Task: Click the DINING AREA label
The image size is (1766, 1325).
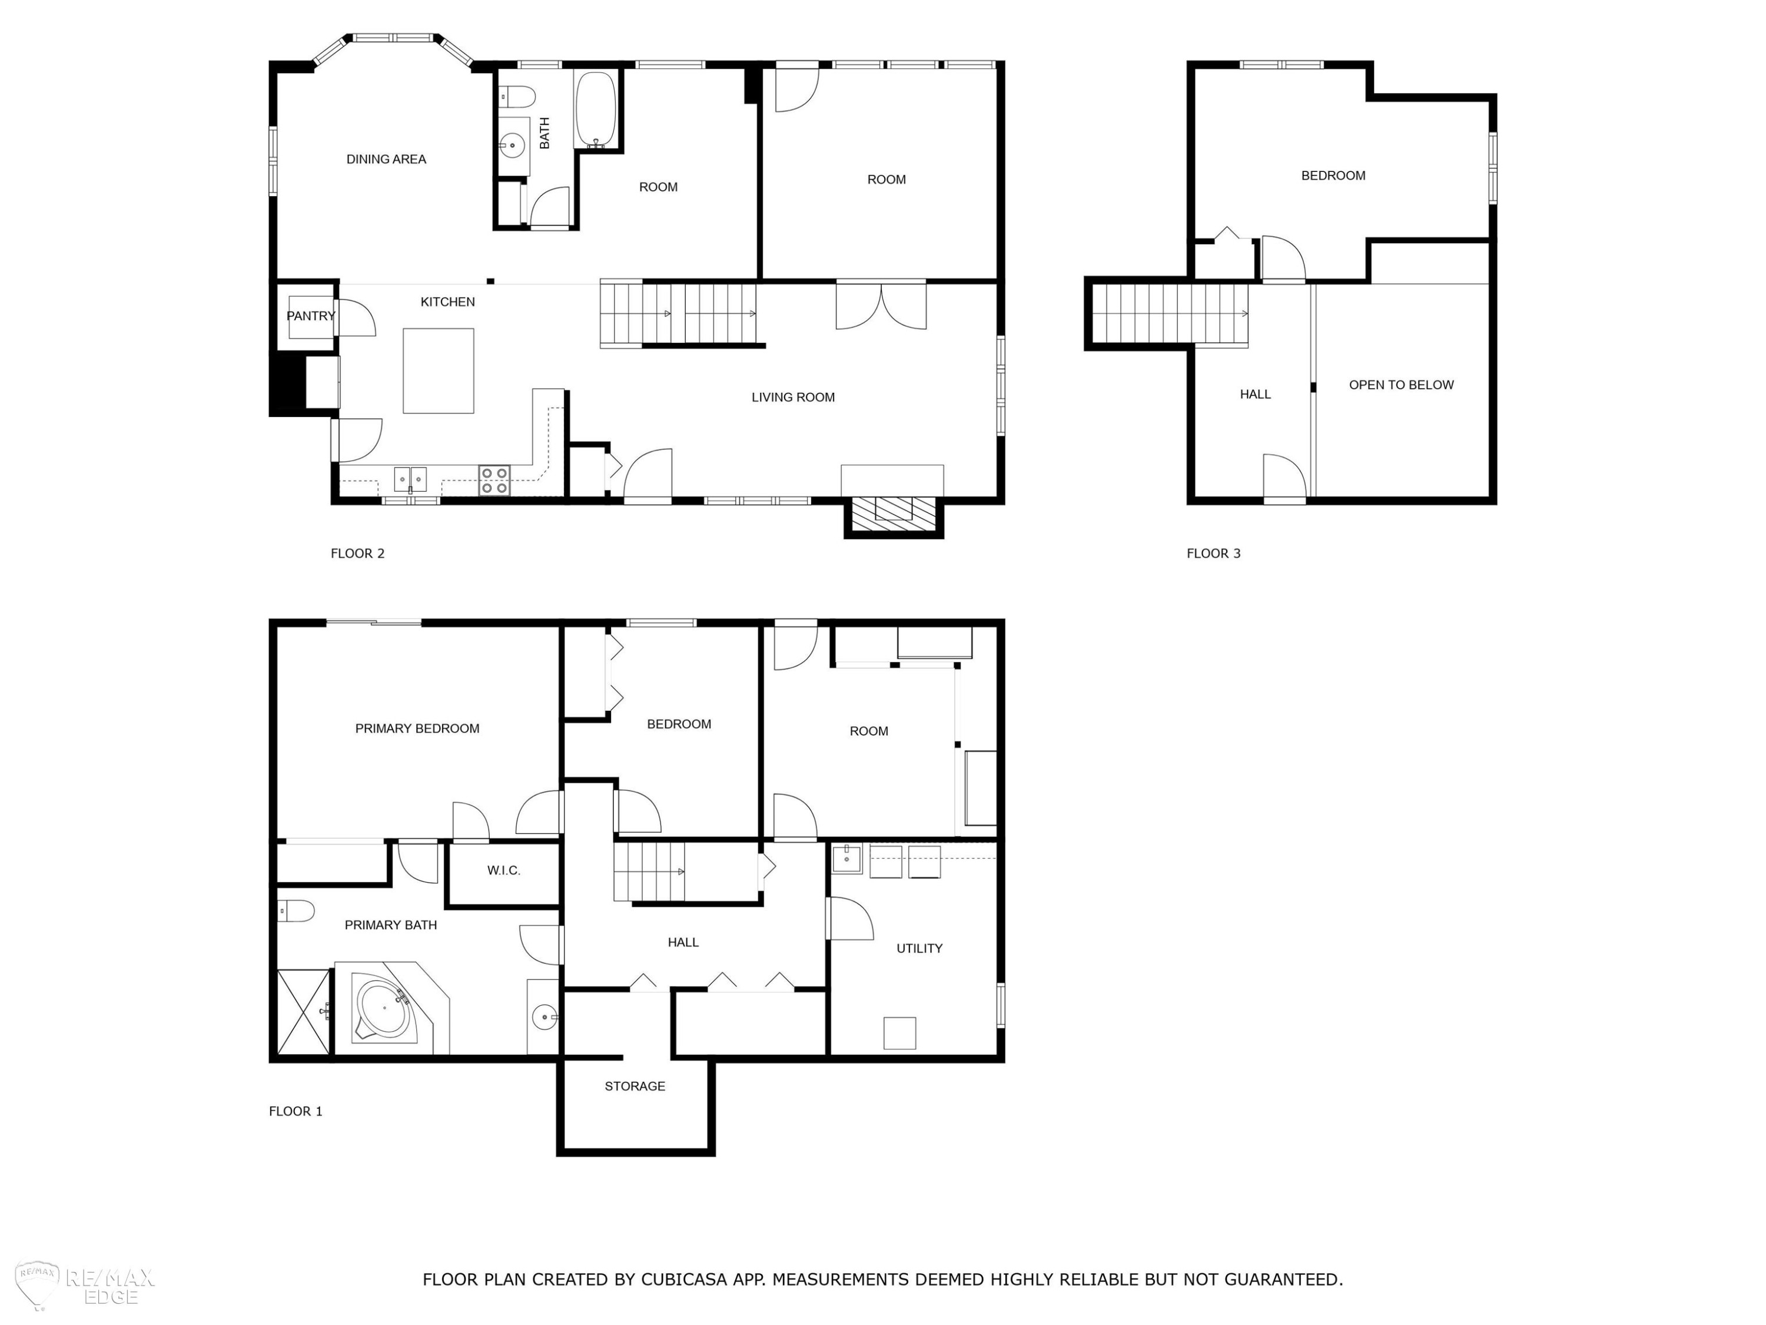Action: point(386,160)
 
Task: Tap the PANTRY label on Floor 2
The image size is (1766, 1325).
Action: point(311,316)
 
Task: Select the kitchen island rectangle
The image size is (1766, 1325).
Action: point(439,370)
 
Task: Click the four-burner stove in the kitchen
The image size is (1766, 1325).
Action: point(494,480)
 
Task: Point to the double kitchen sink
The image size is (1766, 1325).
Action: point(410,479)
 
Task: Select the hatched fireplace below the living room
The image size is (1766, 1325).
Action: point(894,516)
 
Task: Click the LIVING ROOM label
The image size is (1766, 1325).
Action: point(793,397)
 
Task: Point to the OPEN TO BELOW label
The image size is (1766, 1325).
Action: point(1401,385)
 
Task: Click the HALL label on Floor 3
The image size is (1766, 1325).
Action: point(1255,395)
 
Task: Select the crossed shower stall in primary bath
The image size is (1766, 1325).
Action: point(303,1012)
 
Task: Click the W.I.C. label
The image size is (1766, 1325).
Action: point(504,870)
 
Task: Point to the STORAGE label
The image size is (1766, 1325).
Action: point(635,1086)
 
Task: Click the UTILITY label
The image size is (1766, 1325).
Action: point(919,949)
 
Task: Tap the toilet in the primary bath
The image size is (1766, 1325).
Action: point(296,910)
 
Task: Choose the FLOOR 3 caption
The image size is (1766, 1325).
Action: point(1213,554)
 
